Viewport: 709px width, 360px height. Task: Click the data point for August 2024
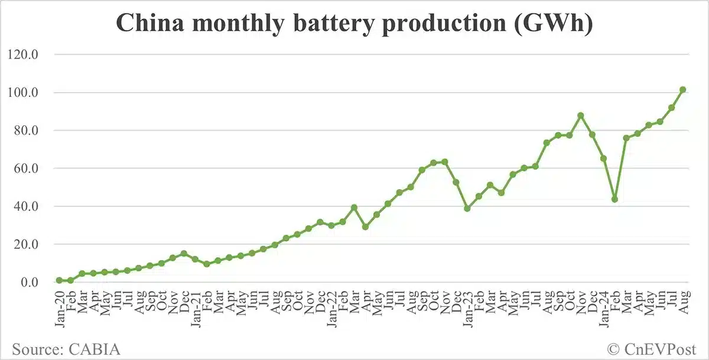tap(682, 89)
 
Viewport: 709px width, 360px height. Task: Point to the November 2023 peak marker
tap(580, 115)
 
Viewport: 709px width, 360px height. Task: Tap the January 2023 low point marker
tap(467, 208)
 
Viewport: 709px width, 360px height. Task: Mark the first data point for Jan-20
tap(59, 280)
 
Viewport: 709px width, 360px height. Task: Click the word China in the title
tap(148, 24)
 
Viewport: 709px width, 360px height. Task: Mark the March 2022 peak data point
tap(354, 207)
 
